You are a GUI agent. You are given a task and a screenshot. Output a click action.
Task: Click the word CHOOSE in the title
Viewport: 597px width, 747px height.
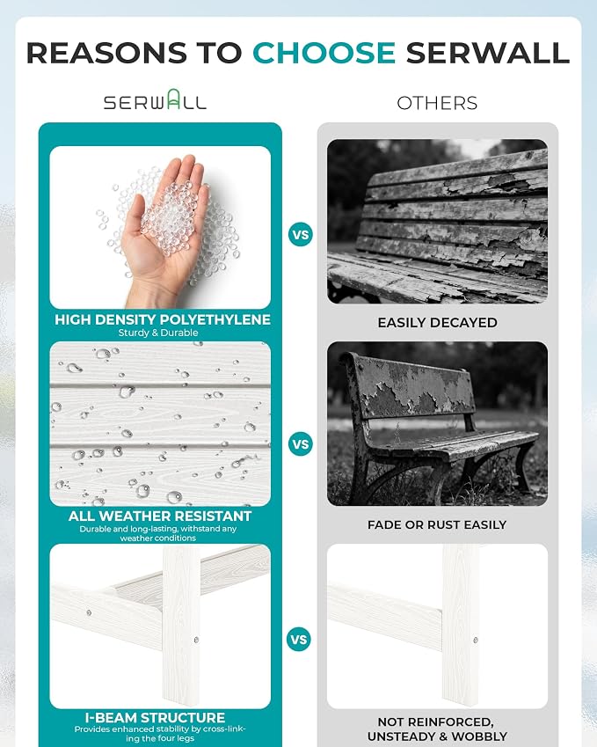tap(324, 53)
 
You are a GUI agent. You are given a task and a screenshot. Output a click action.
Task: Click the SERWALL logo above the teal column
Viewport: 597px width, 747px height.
tap(156, 99)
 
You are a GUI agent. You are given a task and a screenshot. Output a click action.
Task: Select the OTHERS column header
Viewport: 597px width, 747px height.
tap(437, 103)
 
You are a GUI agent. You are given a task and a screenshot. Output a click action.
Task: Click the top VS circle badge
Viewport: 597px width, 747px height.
tap(301, 235)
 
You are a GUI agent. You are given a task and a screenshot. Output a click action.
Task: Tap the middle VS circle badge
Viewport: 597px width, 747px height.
tap(301, 444)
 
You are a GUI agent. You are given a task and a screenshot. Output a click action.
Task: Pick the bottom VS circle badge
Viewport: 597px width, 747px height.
tap(299, 640)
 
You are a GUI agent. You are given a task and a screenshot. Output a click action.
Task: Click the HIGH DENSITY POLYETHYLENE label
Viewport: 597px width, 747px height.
tap(163, 319)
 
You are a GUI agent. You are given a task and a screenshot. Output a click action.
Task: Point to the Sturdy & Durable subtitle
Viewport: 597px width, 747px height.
tap(158, 333)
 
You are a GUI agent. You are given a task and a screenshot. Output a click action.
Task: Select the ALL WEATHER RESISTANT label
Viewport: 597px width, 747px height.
tap(160, 516)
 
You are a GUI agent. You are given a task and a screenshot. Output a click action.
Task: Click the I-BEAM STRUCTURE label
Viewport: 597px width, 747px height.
tap(156, 717)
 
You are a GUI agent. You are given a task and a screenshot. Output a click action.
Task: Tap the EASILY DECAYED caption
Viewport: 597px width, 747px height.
tap(438, 323)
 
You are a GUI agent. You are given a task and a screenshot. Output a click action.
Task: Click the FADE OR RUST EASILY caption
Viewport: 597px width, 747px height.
tap(437, 524)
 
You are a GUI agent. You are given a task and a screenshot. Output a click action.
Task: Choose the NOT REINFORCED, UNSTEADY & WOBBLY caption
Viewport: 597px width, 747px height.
tap(437, 729)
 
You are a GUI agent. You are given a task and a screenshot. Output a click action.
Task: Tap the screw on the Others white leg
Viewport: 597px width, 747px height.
tap(475, 641)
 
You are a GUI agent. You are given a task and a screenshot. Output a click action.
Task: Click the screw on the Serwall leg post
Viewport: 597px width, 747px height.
tap(197, 640)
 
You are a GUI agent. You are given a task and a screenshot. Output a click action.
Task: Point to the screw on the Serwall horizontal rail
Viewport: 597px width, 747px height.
tap(89, 612)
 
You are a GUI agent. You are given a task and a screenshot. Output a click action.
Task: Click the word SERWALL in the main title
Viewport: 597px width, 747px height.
tap(487, 53)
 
